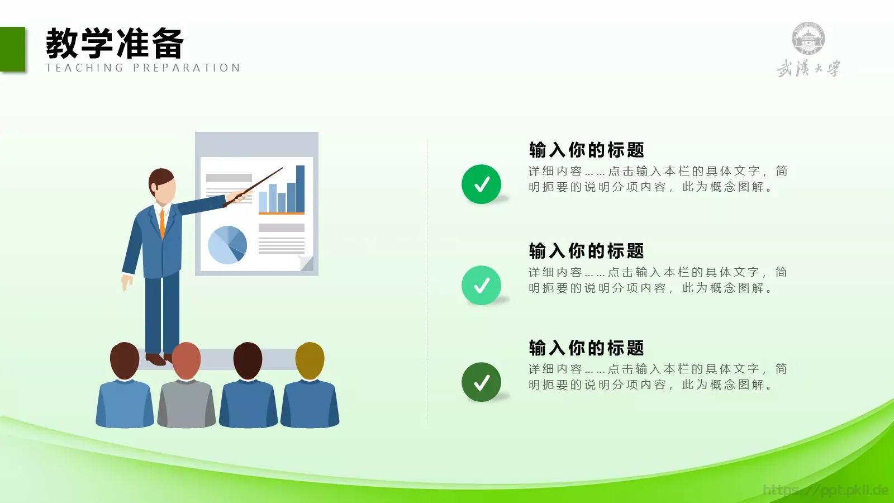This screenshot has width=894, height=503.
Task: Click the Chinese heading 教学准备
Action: point(115,44)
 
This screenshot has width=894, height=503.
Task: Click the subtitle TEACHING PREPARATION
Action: point(143,68)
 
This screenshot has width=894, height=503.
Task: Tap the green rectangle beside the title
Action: point(12,49)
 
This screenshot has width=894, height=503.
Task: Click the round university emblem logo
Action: point(808,39)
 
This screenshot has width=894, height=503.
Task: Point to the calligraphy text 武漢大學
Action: point(808,69)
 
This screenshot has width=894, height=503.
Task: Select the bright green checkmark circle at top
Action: point(481,184)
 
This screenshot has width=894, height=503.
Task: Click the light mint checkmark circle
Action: point(481,286)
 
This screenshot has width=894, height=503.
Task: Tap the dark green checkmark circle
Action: point(481,382)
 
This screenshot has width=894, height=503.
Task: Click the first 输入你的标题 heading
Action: point(587,150)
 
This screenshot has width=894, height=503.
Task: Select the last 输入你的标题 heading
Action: point(587,348)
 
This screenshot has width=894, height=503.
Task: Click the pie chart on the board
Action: point(227,245)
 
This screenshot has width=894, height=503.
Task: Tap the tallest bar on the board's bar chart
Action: point(300,189)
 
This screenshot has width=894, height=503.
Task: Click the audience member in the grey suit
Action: point(187,391)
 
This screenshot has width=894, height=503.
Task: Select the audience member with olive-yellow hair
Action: point(310,391)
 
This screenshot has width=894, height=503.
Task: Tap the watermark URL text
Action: point(825,490)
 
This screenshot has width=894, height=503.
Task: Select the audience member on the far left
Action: point(125,391)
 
